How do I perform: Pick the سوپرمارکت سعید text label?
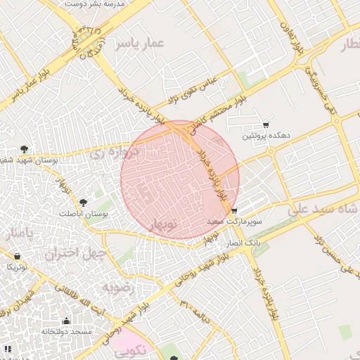coord(234,221)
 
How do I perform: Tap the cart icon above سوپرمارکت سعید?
coord(234,211)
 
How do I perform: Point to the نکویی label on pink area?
coord(134,348)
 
